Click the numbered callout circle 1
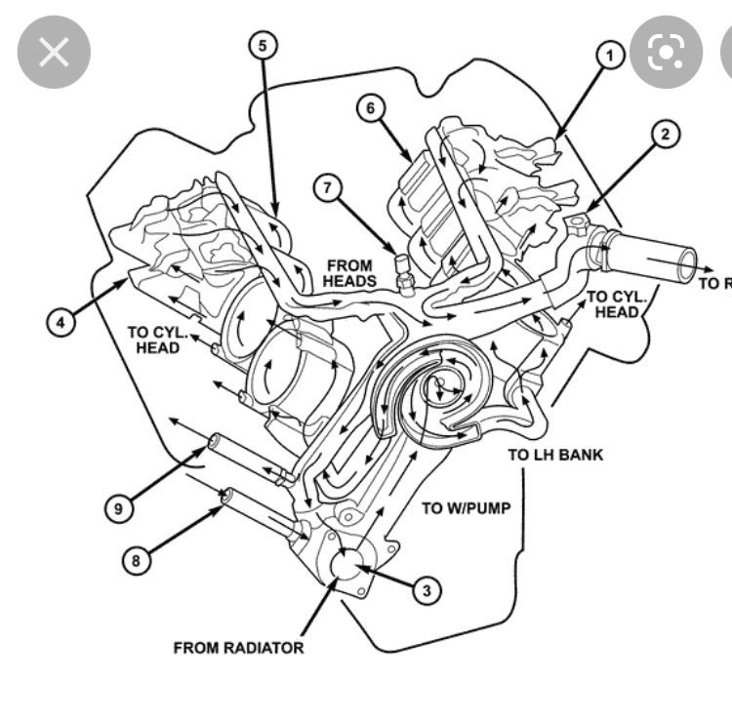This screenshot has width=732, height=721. pyautogui.click(x=610, y=56)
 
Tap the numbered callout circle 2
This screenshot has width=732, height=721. pyautogui.click(x=666, y=134)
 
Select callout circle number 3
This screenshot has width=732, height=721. pyautogui.click(x=426, y=588)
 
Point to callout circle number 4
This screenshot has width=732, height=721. pyautogui.click(x=61, y=321)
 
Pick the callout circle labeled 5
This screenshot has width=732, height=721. pyautogui.click(x=263, y=44)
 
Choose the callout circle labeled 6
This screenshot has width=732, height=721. pyautogui.click(x=370, y=107)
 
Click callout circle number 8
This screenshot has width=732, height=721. pyautogui.click(x=137, y=560)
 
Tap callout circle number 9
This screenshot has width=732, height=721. pyautogui.click(x=118, y=508)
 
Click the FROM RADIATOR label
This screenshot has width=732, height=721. pyautogui.click(x=238, y=647)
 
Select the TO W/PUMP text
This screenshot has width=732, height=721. pyautogui.click(x=466, y=507)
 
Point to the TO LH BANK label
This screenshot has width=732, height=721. pyautogui.click(x=555, y=455)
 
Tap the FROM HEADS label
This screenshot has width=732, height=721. pyautogui.click(x=350, y=272)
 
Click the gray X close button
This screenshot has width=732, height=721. pyautogui.click(x=54, y=52)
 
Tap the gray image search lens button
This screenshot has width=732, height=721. pyautogui.click(x=666, y=52)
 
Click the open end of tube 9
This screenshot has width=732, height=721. pyautogui.click(x=210, y=448)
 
